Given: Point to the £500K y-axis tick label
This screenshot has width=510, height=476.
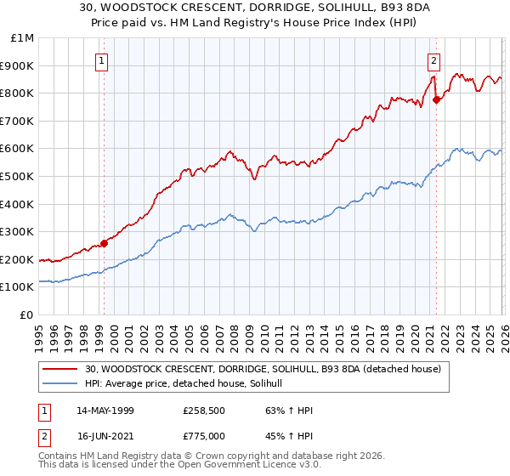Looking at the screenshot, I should pos(19,177).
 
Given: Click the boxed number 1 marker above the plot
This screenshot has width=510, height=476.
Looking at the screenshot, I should pos(102,60).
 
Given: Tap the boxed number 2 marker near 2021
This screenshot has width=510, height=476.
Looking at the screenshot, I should pos(434,60).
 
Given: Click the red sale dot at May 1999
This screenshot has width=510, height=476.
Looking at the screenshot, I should pos(104,243).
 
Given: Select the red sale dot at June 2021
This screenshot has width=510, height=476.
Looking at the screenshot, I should pos(437,99).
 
